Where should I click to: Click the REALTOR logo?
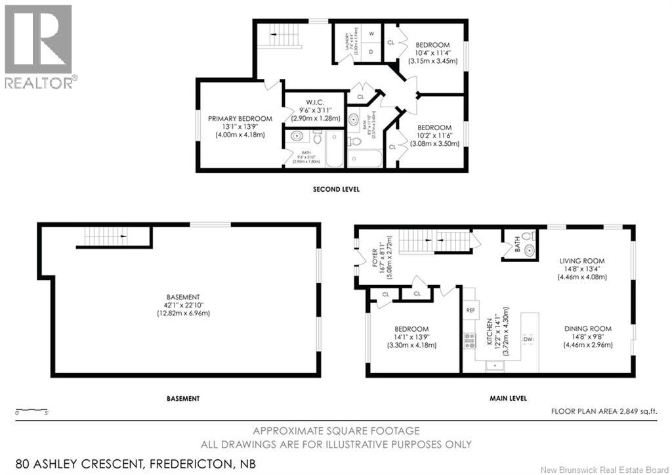[x=39, y=46]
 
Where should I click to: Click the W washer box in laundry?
[x=371, y=34]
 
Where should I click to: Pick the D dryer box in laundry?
[x=371, y=51]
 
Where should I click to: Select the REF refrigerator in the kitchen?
[x=471, y=309]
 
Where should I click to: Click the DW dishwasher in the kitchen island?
[x=528, y=339]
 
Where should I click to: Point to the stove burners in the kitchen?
[x=470, y=340]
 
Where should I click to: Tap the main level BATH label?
[x=518, y=249]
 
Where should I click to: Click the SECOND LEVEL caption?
[x=335, y=189]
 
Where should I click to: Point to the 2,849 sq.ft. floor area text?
[x=604, y=411]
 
